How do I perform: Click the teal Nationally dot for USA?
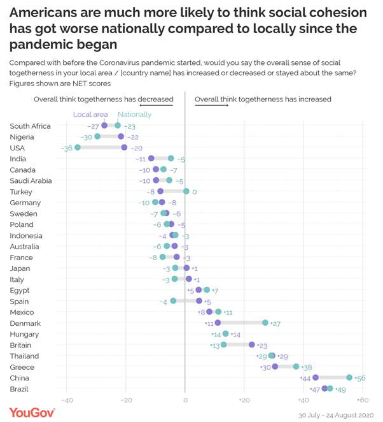(x=78, y=147)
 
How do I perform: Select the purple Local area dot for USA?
(x=125, y=147)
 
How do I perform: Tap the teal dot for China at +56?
(x=349, y=377)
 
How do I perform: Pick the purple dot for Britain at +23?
(x=252, y=344)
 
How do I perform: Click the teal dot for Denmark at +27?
(x=265, y=323)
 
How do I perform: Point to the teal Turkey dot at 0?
(x=186, y=191)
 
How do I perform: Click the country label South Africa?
(x=30, y=126)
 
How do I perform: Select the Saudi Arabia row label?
(x=31, y=180)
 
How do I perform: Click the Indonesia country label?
(x=26, y=235)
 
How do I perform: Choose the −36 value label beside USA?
(x=66, y=148)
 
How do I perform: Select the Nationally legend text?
(x=134, y=115)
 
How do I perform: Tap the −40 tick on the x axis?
(x=67, y=400)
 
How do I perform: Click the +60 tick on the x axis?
(x=362, y=400)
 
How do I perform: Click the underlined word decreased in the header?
(x=156, y=99)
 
